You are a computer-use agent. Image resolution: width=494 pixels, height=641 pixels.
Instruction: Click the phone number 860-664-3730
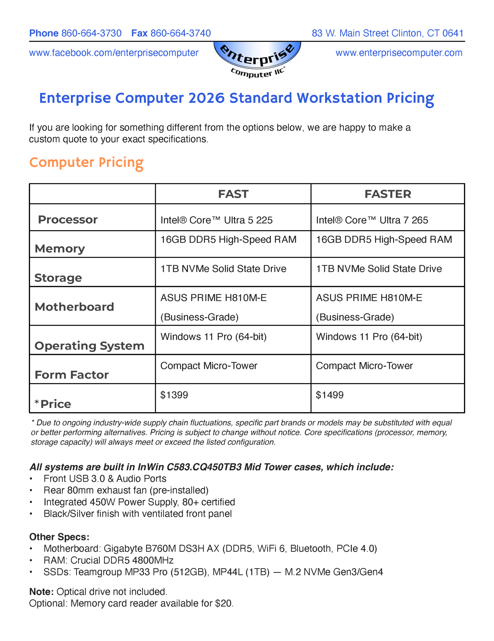point(91,33)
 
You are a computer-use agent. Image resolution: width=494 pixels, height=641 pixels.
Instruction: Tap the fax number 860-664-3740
point(180,33)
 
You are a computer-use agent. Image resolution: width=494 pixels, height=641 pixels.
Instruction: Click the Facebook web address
point(114,53)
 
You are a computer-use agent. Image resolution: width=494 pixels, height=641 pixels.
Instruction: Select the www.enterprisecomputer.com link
point(399,53)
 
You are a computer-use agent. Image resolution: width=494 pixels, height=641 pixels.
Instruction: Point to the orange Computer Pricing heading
point(86,163)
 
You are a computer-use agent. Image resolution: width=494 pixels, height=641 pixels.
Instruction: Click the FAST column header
point(233,194)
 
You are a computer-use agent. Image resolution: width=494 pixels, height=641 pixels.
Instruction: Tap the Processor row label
point(68,220)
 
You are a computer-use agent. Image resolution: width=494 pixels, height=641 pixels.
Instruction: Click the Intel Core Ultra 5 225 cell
point(216,220)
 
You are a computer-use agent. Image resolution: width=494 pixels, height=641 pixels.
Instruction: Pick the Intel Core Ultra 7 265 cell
point(372,220)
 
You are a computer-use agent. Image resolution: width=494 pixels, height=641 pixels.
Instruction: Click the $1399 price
point(174,395)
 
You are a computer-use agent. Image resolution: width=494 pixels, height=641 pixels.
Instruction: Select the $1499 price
point(329,395)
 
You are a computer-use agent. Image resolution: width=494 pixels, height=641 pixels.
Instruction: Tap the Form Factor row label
point(72,375)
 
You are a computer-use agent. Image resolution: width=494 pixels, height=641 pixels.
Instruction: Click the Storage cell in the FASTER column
point(379,269)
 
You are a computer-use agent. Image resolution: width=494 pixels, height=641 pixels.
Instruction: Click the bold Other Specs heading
point(59,537)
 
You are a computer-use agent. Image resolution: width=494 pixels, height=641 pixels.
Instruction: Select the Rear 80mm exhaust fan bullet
point(126,490)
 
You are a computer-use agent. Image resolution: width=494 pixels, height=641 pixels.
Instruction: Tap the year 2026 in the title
point(206,98)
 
